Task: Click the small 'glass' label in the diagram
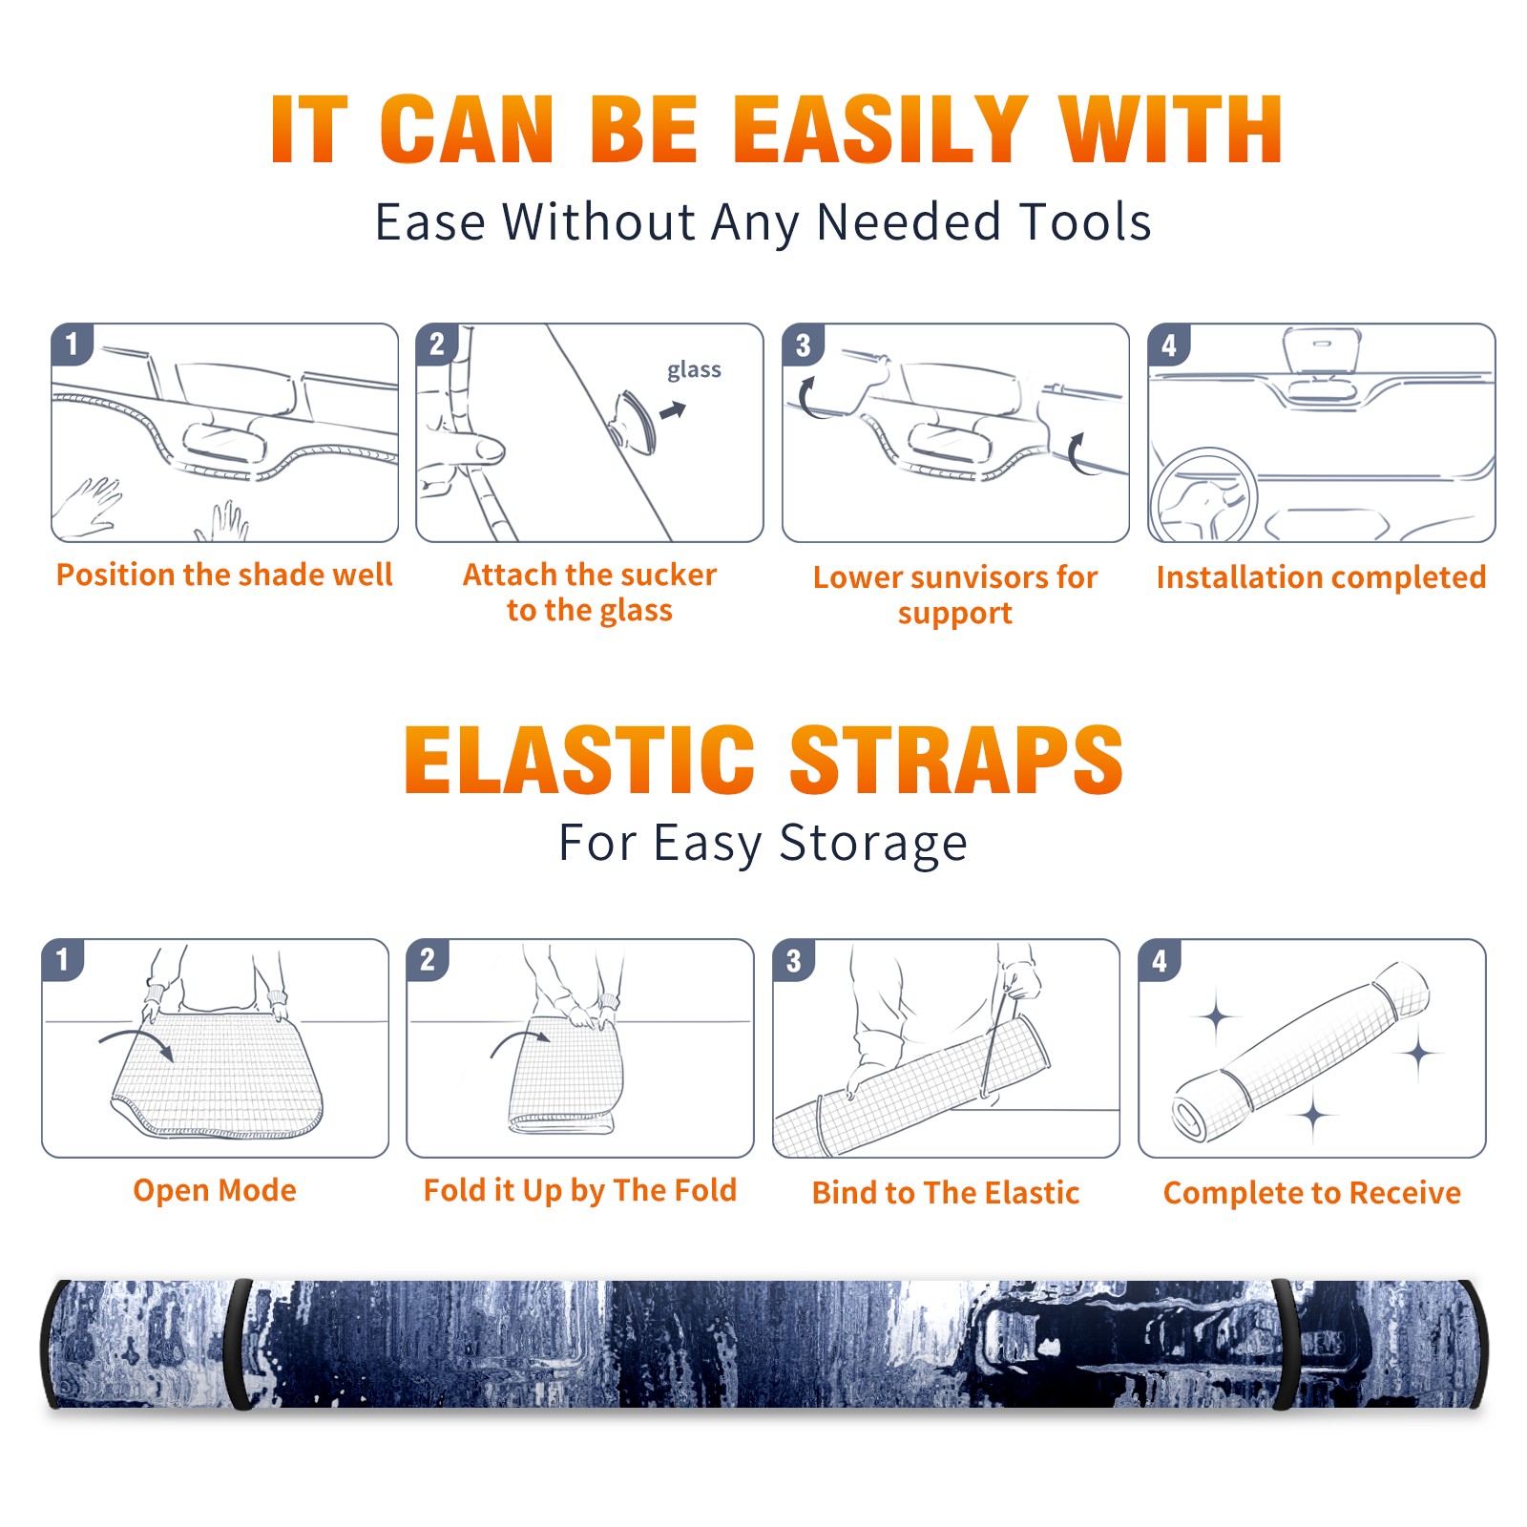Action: [x=694, y=370]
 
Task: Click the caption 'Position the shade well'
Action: [x=224, y=575]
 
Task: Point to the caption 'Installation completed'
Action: [x=1321, y=577]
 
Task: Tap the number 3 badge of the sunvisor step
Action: [x=803, y=345]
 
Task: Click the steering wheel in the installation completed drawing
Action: [x=1203, y=496]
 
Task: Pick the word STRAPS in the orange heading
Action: [x=956, y=760]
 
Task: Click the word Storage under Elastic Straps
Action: [x=873, y=844]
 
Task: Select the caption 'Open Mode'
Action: [x=215, y=1190]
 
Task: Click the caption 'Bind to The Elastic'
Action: [x=946, y=1193]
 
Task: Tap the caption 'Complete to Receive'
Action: [x=1312, y=1193]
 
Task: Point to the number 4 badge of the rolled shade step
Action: [x=1160, y=960]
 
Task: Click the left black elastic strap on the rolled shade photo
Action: [x=239, y=1344]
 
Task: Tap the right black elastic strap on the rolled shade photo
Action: [x=1285, y=1344]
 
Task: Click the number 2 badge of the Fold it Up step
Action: [x=428, y=960]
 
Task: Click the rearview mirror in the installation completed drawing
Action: [x=1322, y=349]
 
